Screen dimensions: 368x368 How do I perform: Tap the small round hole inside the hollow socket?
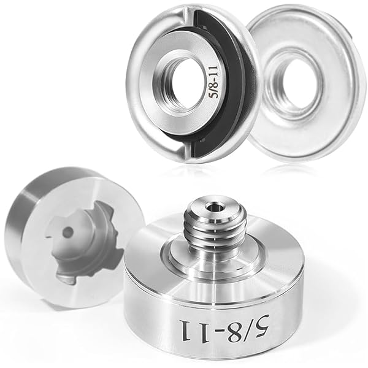68,232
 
